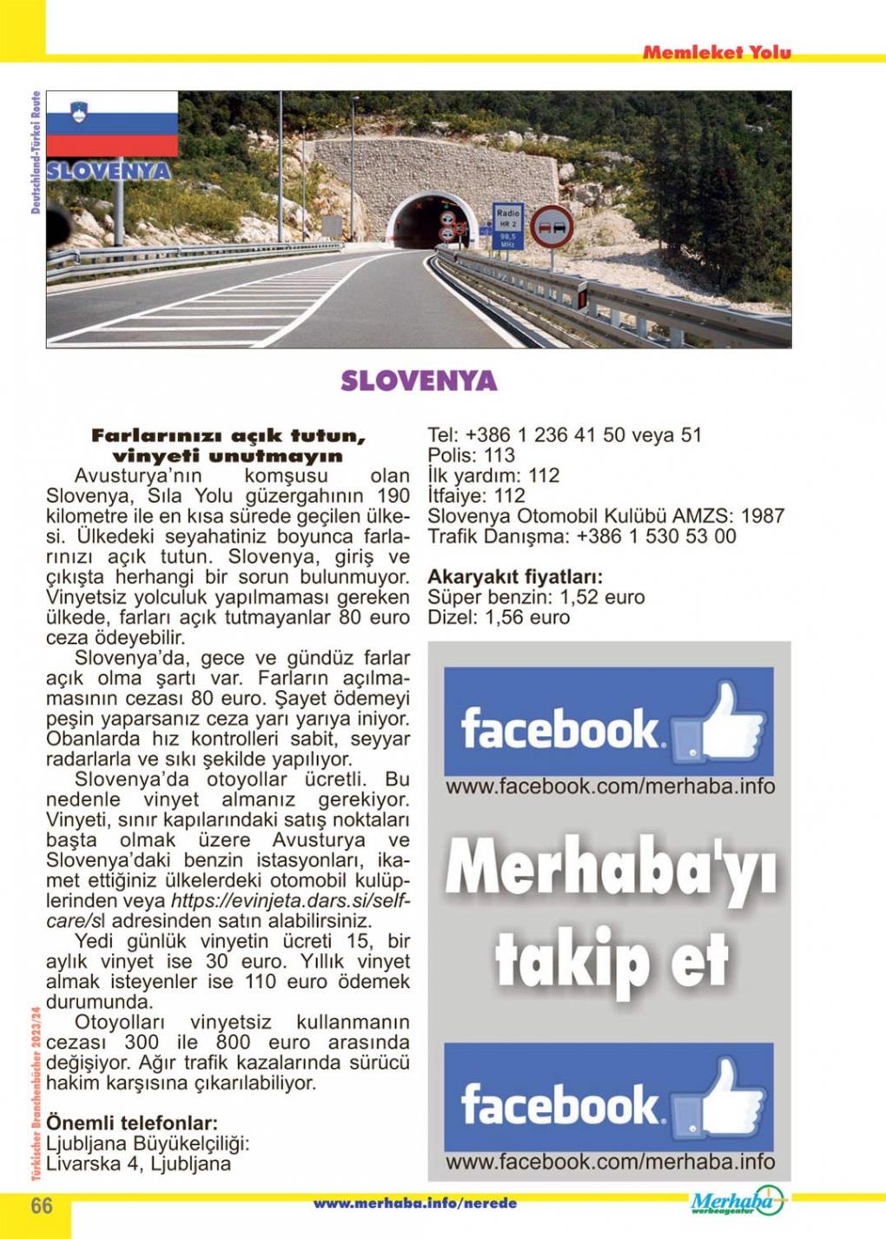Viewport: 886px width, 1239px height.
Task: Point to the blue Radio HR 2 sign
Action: [508, 227]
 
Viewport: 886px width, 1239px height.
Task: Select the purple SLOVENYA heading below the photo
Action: [419, 381]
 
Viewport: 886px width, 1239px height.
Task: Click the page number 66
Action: [42, 1206]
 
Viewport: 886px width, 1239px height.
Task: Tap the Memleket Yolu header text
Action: [717, 52]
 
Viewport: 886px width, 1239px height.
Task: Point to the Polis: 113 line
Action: [471, 455]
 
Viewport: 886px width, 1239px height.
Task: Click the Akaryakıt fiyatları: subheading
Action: [515, 577]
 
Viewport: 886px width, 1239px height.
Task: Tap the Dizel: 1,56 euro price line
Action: [499, 618]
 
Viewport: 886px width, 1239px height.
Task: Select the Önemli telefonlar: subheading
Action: [131, 1122]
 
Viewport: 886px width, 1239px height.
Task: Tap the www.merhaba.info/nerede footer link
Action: [414, 1203]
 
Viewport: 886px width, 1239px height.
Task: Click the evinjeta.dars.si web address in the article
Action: [289, 901]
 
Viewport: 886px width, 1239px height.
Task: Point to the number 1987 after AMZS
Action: [764, 516]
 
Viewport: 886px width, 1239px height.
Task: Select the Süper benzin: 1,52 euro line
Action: [536, 598]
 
